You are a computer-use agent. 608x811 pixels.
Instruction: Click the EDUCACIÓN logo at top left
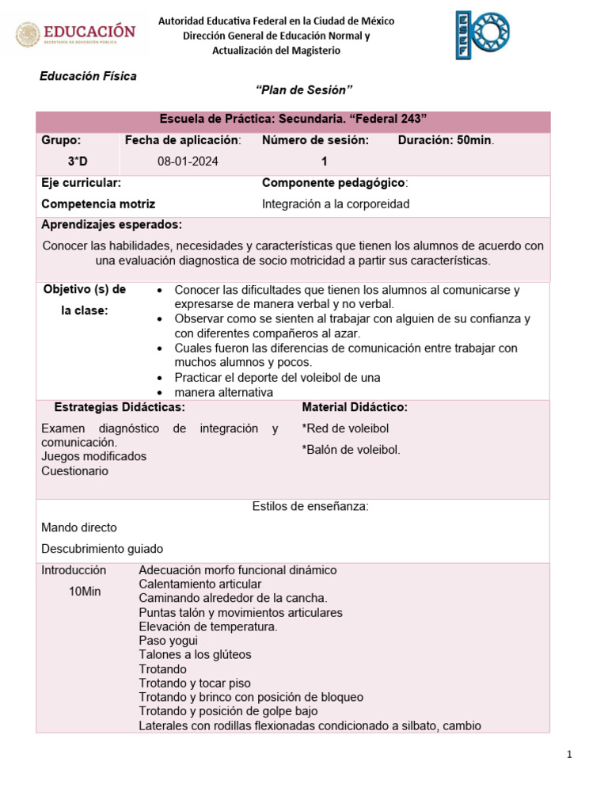pos(76,34)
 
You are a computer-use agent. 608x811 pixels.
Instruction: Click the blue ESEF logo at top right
pos(481,35)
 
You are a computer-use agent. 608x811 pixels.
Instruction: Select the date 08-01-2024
pos(188,161)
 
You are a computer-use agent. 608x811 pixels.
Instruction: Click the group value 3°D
pos(78,161)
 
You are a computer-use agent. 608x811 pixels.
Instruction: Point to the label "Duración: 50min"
pos(446,140)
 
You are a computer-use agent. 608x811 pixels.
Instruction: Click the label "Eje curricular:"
pos(81,183)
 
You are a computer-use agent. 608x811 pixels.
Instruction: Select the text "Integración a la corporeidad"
pos(336,204)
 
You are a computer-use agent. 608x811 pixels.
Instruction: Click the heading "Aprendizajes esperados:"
pos(112,224)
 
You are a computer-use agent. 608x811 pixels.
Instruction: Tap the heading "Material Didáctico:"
pos(355,407)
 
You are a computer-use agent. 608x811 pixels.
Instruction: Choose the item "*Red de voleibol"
pos(345,428)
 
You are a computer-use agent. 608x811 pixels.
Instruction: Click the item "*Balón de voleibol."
pos(351,450)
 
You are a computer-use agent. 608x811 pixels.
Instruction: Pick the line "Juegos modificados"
pos(93,456)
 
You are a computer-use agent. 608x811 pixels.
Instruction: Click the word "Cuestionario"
pos(75,470)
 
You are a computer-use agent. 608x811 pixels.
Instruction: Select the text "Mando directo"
pos(79,527)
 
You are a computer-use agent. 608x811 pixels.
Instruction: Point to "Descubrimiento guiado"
pos(102,548)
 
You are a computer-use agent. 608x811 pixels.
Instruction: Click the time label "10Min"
pos(85,592)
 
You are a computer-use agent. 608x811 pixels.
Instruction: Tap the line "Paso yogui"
pos(168,640)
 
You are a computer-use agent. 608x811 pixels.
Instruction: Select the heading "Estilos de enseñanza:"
pos(310,506)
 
